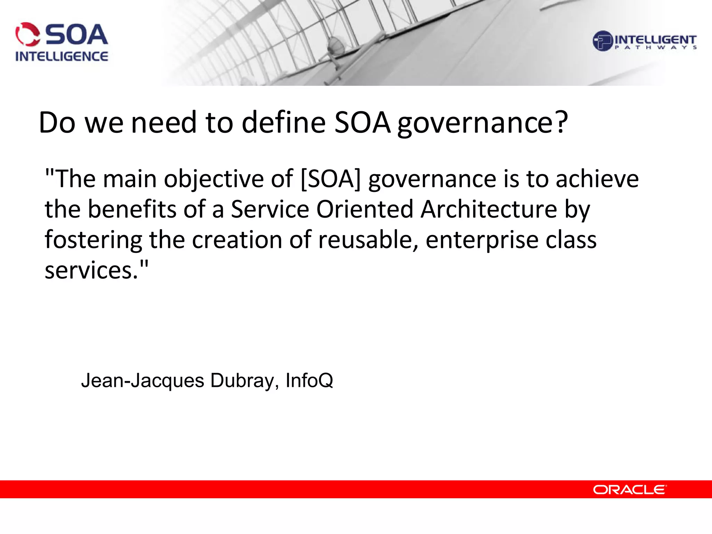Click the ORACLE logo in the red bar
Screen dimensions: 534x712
[629, 489]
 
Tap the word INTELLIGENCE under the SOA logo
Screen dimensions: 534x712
[62, 56]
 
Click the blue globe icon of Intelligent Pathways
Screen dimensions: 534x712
[602, 41]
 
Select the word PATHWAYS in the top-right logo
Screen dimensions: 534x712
[656, 48]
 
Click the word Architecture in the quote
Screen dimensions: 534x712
[488, 209]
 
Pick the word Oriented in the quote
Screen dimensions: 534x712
[364, 209]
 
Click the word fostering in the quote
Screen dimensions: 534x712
[93, 240]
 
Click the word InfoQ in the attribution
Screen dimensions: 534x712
[309, 381]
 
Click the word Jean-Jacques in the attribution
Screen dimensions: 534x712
[143, 381]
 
